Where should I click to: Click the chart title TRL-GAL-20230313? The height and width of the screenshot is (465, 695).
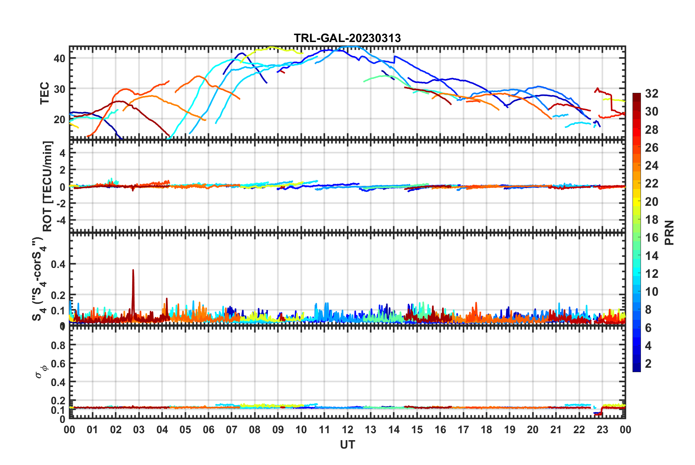point(347,38)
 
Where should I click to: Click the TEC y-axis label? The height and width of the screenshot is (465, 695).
point(45,93)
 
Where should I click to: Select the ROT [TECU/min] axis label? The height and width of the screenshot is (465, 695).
point(48,186)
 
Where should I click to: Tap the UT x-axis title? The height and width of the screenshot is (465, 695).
point(347,445)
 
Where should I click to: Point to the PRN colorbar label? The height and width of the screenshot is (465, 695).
point(669,232)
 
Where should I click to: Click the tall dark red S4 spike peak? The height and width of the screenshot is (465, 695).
point(133,270)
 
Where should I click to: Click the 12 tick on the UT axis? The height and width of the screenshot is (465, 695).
point(347,430)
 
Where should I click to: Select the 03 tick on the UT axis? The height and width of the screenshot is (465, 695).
point(139,430)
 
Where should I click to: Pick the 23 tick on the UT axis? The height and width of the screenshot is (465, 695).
point(602,430)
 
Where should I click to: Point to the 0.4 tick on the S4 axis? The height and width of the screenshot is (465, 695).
point(58,264)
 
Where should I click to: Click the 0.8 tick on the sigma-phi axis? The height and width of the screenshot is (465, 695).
point(58,345)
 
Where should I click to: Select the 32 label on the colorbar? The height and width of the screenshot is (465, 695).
point(651,94)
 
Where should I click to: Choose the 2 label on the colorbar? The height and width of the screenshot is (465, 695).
point(648,364)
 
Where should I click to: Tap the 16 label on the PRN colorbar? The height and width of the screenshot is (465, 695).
point(651,238)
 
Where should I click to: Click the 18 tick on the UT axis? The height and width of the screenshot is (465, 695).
point(486,430)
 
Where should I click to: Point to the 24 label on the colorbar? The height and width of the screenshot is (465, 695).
point(651,166)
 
